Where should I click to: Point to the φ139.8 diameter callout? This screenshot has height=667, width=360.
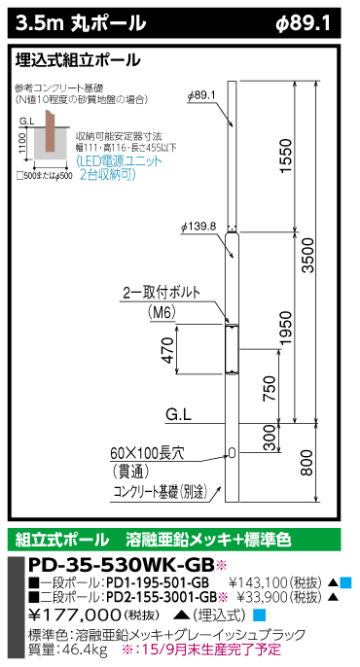[198, 227]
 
